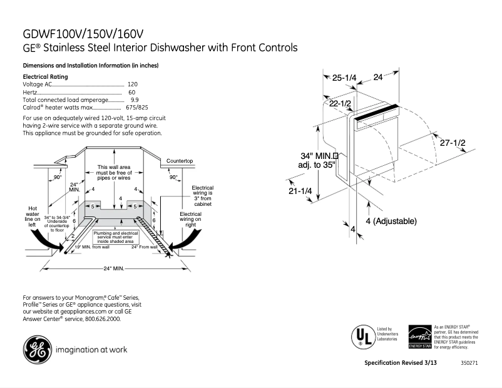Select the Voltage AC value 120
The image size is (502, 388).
point(132,84)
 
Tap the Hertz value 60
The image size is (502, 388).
point(132,92)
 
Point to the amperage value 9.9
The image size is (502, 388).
point(135,100)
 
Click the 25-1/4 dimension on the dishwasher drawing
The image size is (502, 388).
point(344,78)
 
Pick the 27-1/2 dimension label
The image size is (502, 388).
point(452,143)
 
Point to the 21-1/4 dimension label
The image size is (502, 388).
point(300,191)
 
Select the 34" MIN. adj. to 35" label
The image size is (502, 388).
point(318,160)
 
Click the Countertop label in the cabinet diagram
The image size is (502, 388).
point(179,161)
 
